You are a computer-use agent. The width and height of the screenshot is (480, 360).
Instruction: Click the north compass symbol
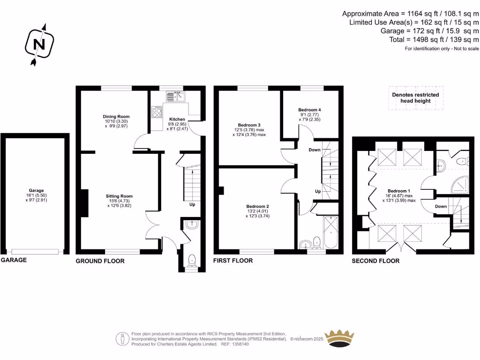[40, 45]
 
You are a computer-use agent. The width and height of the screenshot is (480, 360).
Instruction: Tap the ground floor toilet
[192, 260]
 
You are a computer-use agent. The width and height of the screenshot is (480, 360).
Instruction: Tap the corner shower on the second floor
[460, 186]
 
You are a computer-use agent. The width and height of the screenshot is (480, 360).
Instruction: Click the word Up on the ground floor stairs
[192, 205]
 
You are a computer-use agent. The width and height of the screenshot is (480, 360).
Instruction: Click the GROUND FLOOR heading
[100, 261]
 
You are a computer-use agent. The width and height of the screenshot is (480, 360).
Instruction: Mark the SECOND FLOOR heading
[375, 261]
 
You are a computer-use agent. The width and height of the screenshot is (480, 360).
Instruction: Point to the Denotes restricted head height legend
[415, 97]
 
